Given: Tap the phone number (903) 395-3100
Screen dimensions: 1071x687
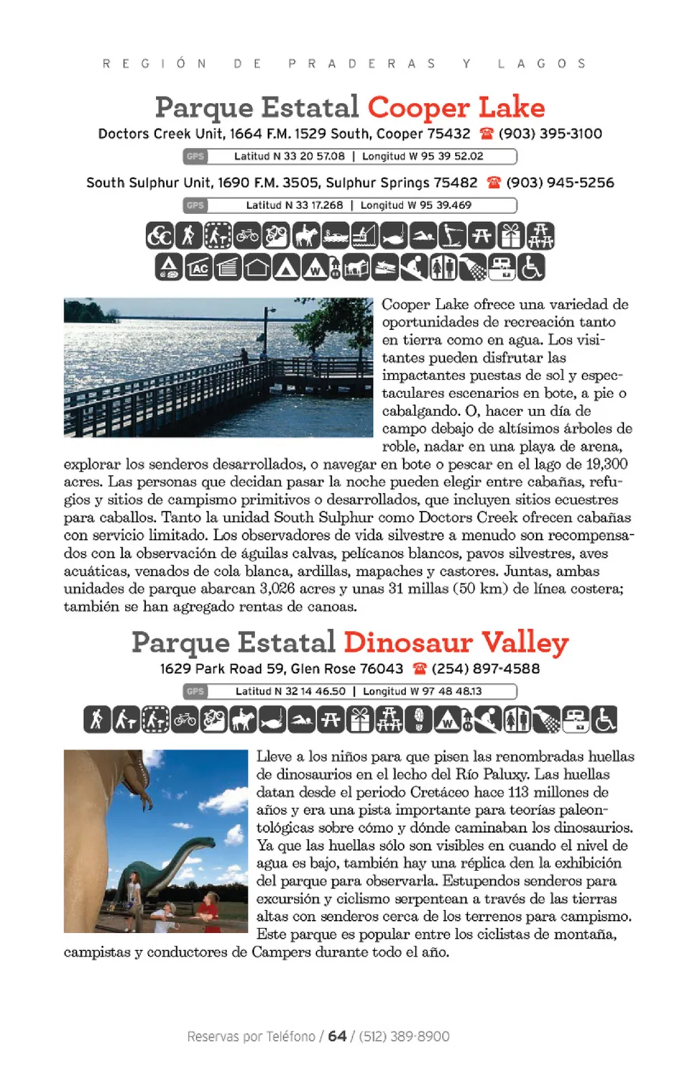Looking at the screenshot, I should pyautogui.click(x=550, y=134).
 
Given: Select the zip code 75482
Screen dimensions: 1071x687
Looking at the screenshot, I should pyautogui.click(x=455, y=182).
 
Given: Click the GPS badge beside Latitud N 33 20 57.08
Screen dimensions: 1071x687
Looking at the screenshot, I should pyautogui.click(x=195, y=156).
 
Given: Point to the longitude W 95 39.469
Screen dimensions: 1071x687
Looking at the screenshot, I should pyautogui.click(x=416, y=205).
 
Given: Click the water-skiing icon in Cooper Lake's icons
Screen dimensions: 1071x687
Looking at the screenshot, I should pyautogui.click(x=452, y=235).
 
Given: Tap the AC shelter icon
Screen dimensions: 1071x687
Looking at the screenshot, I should pyautogui.click(x=199, y=268).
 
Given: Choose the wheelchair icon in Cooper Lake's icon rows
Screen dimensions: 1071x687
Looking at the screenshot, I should pyautogui.click(x=531, y=268).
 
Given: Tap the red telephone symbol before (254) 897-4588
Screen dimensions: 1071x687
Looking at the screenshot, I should pyautogui.click(x=419, y=669).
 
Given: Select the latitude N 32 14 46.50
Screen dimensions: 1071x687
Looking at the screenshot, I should pyautogui.click(x=291, y=691).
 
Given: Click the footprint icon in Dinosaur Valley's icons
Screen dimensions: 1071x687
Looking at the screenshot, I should pyautogui.click(x=419, y=720).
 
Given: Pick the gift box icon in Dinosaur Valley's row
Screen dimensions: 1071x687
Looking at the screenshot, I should pyautogui.click(x=360, y=720).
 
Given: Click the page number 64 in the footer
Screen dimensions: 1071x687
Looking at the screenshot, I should pyautogui.click(x=338, y=1036).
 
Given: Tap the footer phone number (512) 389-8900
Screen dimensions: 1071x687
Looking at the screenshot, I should pyautogui.click(x=404, y=1036).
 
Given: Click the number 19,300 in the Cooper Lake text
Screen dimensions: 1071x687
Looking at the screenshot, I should pyautogui.click(x=606, y=464).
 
